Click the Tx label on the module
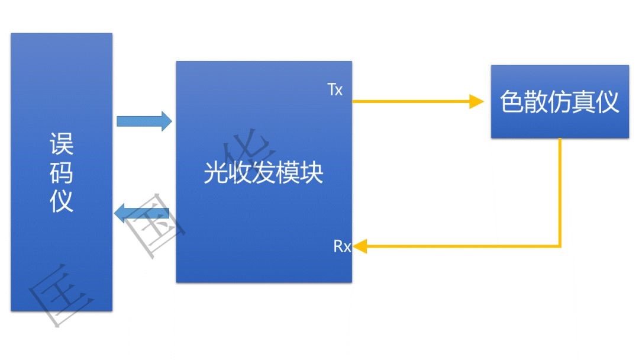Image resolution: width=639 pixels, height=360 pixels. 335,90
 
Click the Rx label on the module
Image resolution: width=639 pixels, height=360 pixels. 342,246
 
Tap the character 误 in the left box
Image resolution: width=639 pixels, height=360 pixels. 62,144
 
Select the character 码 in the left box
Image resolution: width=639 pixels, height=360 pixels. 62,173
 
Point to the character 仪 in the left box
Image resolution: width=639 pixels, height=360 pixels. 62,201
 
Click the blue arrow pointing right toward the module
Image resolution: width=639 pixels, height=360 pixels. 144,121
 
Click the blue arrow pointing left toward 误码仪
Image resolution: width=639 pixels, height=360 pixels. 142,213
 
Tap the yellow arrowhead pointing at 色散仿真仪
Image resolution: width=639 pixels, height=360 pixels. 477,101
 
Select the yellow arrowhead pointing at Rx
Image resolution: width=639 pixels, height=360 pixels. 359,246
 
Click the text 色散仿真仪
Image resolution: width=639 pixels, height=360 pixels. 560,102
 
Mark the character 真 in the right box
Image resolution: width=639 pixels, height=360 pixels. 583,102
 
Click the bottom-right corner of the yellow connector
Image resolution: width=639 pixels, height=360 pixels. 560,246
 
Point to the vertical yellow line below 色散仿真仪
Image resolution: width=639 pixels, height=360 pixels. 560,189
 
